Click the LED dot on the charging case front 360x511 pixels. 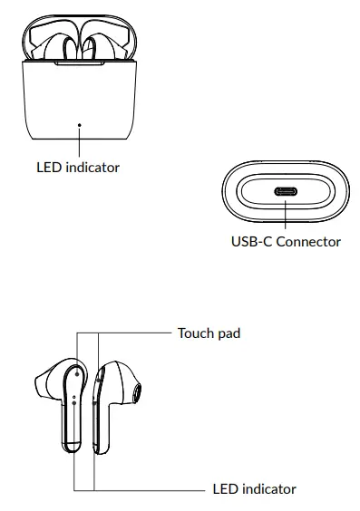pos(79,125)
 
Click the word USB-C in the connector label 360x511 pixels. pos(251,242)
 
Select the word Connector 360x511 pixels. pos(308,242)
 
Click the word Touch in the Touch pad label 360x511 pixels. pos(194,333)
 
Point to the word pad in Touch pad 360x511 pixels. pos(229,333)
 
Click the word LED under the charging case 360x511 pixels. pos(48,167)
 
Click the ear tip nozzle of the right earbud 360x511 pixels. pos(135,391)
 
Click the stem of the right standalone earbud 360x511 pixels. pos(101,426)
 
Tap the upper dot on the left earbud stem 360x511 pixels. pos(73,396)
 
